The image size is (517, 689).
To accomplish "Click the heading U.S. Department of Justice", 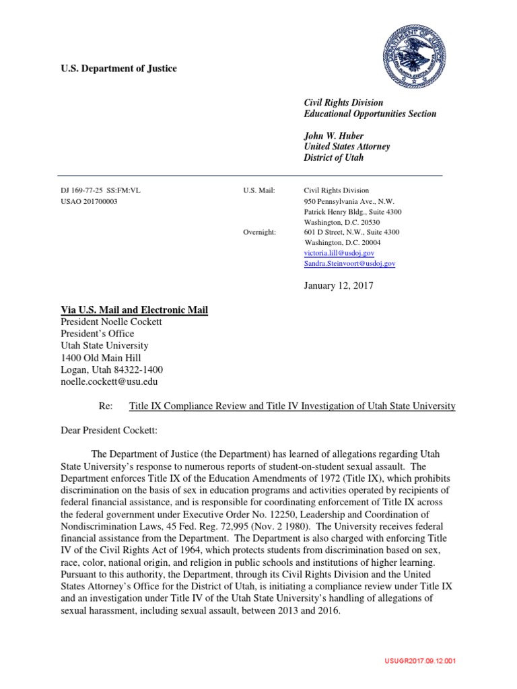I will (x=119, y=69).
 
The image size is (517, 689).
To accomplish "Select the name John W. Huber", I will (x=329, y=135).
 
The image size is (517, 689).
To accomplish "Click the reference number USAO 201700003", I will (x=89, y=201).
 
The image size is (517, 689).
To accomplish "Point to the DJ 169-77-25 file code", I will (x=100, y=190).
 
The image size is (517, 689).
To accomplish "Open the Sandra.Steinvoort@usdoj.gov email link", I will (x=349, y=264).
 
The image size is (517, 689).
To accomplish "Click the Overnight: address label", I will (x=260, y=232).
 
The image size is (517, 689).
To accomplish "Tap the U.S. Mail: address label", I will (x=258, y=190).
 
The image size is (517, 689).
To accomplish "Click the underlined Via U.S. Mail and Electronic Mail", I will (x=135, y=310).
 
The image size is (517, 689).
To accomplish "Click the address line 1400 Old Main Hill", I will (x=101, y=358).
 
